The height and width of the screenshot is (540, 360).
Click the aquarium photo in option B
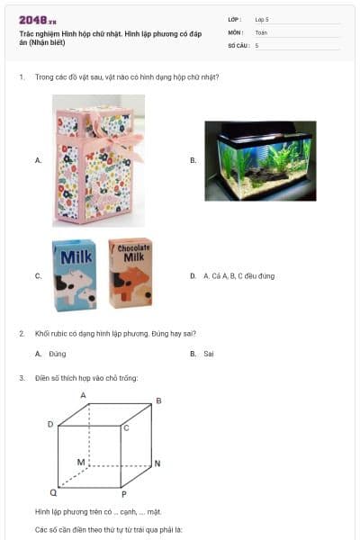point(259,160)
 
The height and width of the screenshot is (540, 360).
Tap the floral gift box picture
point(98,160)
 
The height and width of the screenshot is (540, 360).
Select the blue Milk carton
point(75,275)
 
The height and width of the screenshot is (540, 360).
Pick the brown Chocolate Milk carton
point(130,274)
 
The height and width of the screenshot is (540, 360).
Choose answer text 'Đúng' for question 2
point(58,354)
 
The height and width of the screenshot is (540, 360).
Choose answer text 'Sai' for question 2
point(209,354)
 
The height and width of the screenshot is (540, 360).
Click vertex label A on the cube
point(84,395)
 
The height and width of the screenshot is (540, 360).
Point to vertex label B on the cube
point(158,400)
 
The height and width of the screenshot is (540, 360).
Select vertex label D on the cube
point(50,424)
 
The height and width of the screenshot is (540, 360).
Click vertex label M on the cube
point(80,462)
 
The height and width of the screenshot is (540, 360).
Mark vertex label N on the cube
point(157,463)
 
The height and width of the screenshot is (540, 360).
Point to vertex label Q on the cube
point(52,493)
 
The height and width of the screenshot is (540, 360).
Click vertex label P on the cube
point(123,494)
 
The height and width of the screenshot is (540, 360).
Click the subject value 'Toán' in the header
point(261,32)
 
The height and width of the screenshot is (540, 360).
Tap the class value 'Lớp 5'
point(262,20)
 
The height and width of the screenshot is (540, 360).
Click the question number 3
point(22,378)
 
